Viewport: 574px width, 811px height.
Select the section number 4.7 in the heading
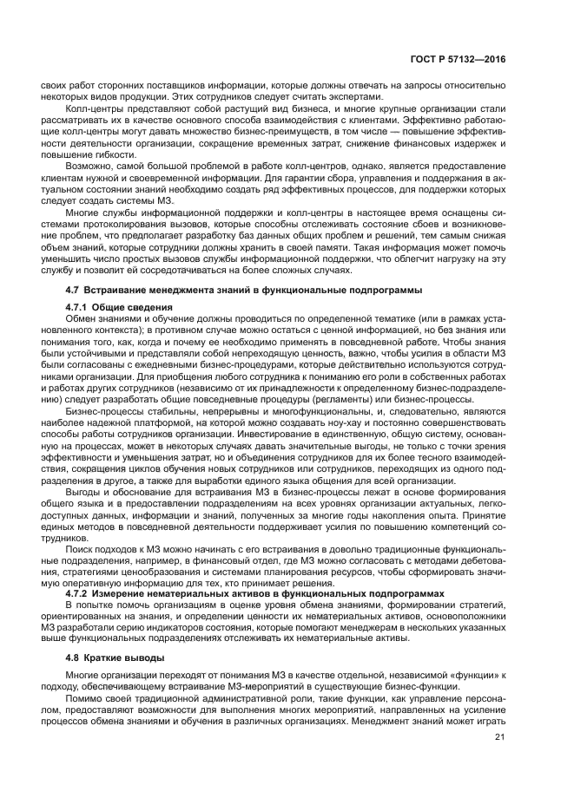click(x=73, y=289)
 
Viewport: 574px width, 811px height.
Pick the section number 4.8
click(x=73, y=658)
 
